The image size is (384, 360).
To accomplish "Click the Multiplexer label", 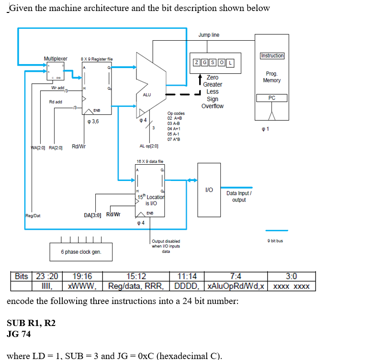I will (x=56, y=58).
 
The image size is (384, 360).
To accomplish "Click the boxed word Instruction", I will (x=272, y=56).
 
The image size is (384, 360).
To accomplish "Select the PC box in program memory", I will (x=272, y=98).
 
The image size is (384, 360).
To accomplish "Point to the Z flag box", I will (x=196, y=63).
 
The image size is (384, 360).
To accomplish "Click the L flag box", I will (x=230, y=63).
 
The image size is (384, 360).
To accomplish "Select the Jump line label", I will (x=209, y=35).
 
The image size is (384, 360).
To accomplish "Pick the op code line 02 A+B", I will (x=174, y=118).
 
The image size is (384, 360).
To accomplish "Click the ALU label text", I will (x=147, y=95).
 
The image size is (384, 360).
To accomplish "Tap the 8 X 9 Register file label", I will (x=97, y=59).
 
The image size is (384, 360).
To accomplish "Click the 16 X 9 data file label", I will (x=150, y=162).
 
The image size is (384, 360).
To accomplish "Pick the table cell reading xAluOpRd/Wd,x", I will (x=236, y=286).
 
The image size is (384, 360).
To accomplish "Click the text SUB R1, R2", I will (x=31, y=323).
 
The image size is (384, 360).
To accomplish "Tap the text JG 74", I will (x=19, y=334).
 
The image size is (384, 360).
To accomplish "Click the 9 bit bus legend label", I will (x=277, y=241).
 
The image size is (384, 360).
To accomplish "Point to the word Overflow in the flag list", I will (x=212, y=106).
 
